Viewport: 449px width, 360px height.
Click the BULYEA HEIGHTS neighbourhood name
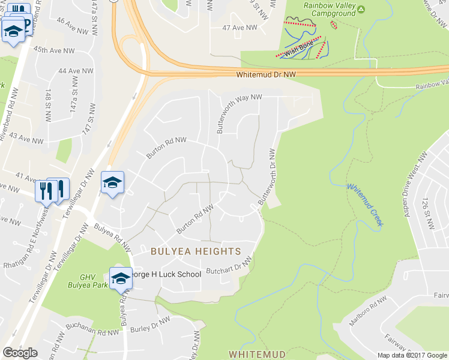coord(196,251)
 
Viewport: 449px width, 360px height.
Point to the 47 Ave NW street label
coord(240,28)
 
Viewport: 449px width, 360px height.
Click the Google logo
coord(20,353)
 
